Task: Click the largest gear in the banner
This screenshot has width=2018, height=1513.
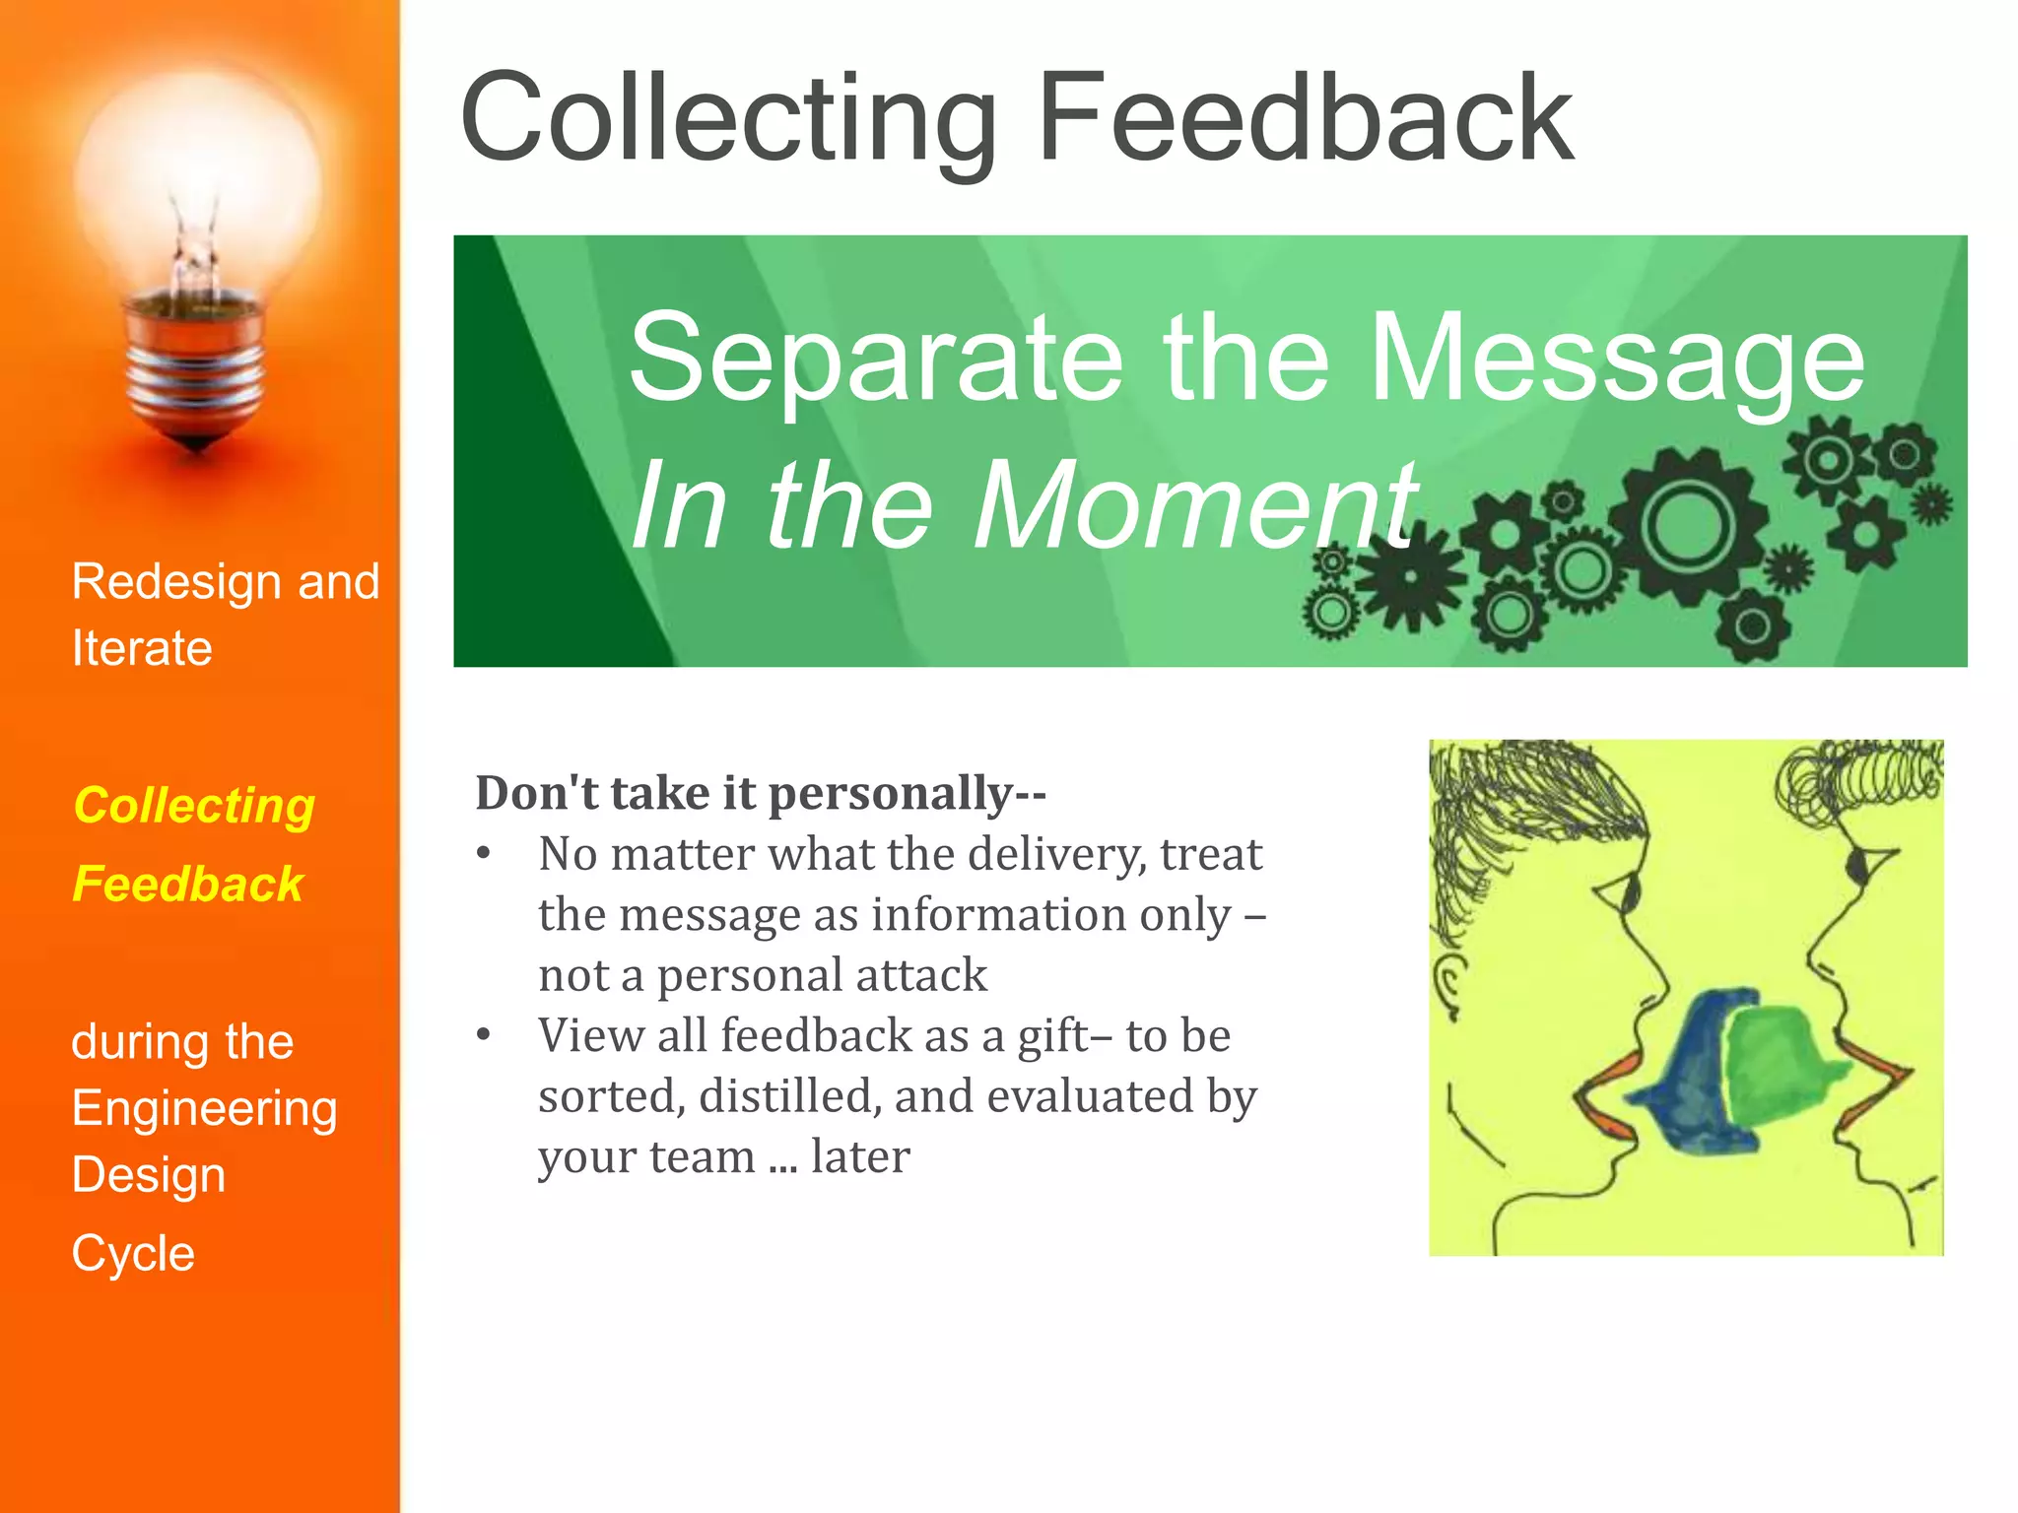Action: (1687, 524)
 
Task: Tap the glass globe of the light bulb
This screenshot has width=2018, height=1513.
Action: (197, 177)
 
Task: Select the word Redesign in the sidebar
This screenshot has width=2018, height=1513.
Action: (177, 582)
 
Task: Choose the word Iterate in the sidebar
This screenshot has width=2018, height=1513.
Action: (142, 649)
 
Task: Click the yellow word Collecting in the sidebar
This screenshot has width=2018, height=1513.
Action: (194, 806)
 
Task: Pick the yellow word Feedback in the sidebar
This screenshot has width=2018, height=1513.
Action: (187, 884)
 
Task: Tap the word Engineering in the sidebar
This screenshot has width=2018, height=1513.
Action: (204, 1109)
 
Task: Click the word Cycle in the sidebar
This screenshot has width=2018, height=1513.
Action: (133, 1254)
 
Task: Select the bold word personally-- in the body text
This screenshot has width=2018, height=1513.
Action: (907, 794)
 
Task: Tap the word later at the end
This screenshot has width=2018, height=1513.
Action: (859, 1156)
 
